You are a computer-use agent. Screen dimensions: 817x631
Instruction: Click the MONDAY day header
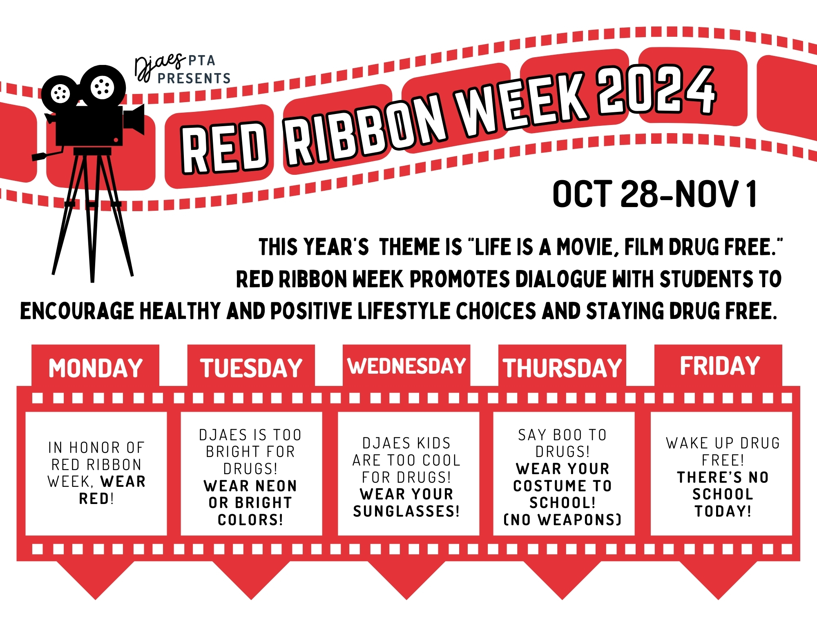(x=96, y=368)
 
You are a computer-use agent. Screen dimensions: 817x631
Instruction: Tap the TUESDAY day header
(x=251, y=368)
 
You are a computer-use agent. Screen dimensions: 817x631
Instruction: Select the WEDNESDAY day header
(x=406, y=366)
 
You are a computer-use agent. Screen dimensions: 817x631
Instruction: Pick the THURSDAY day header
(x=562, y=368)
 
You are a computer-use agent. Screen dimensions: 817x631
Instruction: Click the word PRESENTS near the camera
(x=194, y=78)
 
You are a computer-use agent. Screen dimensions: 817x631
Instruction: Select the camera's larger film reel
(x=103, y=86)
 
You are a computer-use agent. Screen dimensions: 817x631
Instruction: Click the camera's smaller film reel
(x=60, y=94)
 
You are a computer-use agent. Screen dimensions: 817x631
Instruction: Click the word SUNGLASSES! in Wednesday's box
(x=406, y=511)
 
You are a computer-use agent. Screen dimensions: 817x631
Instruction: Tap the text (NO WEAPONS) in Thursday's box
(x=563, y=520)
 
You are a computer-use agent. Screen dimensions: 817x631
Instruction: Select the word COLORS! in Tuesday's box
(x=250, y=520)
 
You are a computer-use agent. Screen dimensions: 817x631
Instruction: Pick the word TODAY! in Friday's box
(x=723, y=511)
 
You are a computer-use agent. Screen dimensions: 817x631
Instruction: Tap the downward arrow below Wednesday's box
(x=406, y=580)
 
